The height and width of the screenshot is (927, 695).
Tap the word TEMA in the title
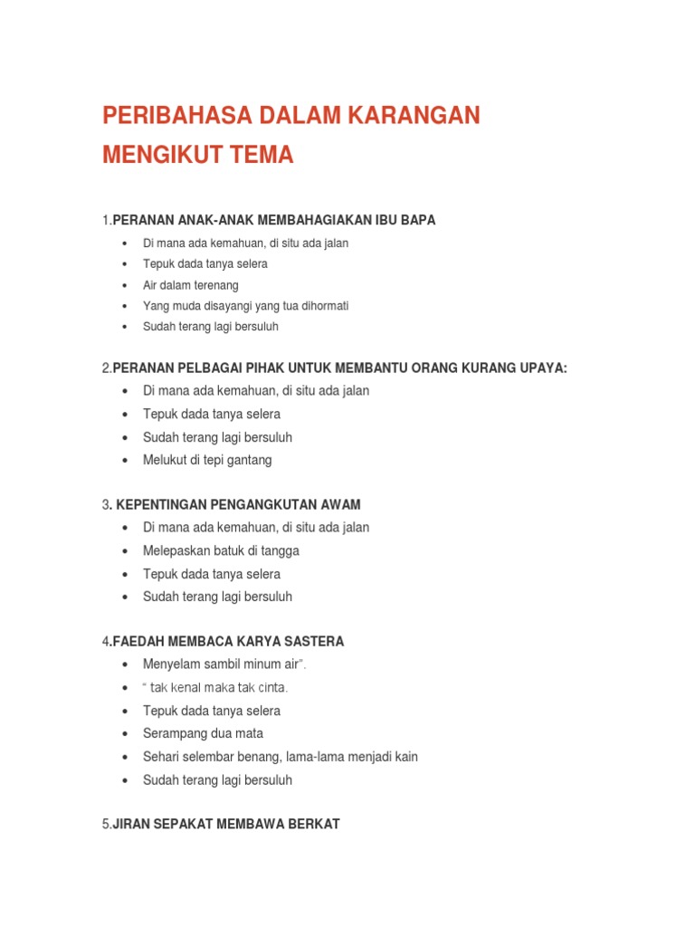pyautogui.click(x=262, y=155)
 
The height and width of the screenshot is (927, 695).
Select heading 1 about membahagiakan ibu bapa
pyautogui.click(x=269, y=220)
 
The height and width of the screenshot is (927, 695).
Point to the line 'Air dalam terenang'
pyautogui.click(x=190, y=285)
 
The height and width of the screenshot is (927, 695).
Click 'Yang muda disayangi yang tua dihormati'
pyautogui.click(x=245, y=306)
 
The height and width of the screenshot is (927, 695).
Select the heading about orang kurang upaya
pyautogui.click(x=335, y=368)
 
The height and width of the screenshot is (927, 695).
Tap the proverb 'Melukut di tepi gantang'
pyautogui.click(x=207, y=460)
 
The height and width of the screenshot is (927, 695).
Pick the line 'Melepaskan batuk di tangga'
pyautogui.click(x=221, y=550)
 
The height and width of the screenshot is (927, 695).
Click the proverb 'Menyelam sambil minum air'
pyautogui.click(x=224, y=665)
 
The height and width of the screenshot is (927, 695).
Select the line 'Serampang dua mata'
pyautogui.click(x=203, y=733)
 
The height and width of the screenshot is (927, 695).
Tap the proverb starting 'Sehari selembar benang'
pyautogui.click(x=280, y=757)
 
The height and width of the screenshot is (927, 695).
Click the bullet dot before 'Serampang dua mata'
pyautogui.click(x=122, y=734)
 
